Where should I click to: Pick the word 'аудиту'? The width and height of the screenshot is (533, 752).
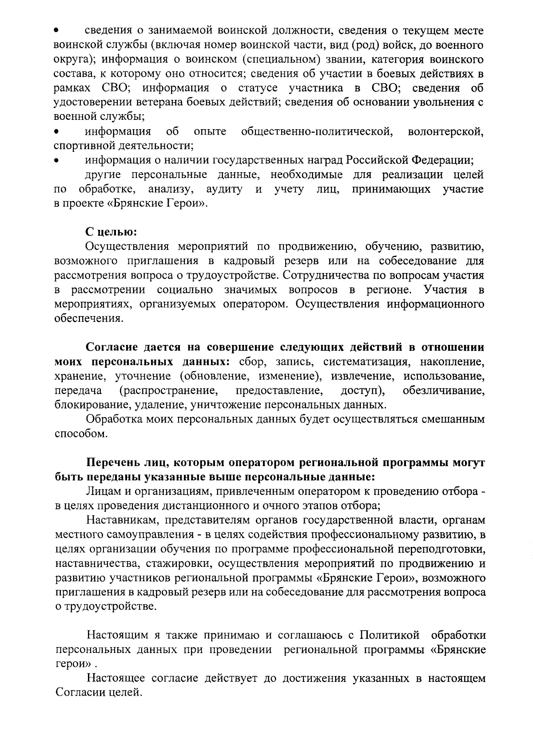pos(224,190)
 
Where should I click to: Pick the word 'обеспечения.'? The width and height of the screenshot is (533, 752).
pos(88,318)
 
